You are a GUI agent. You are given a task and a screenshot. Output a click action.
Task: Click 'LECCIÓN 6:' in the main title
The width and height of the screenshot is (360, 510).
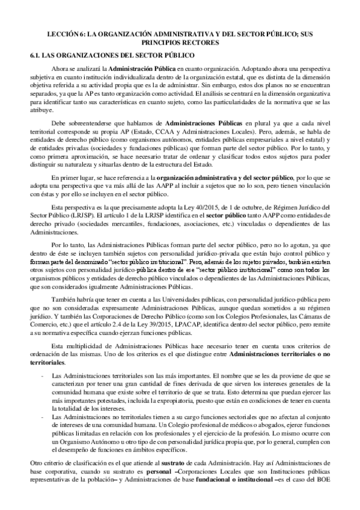pyautogui.click(x=68, y=35)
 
